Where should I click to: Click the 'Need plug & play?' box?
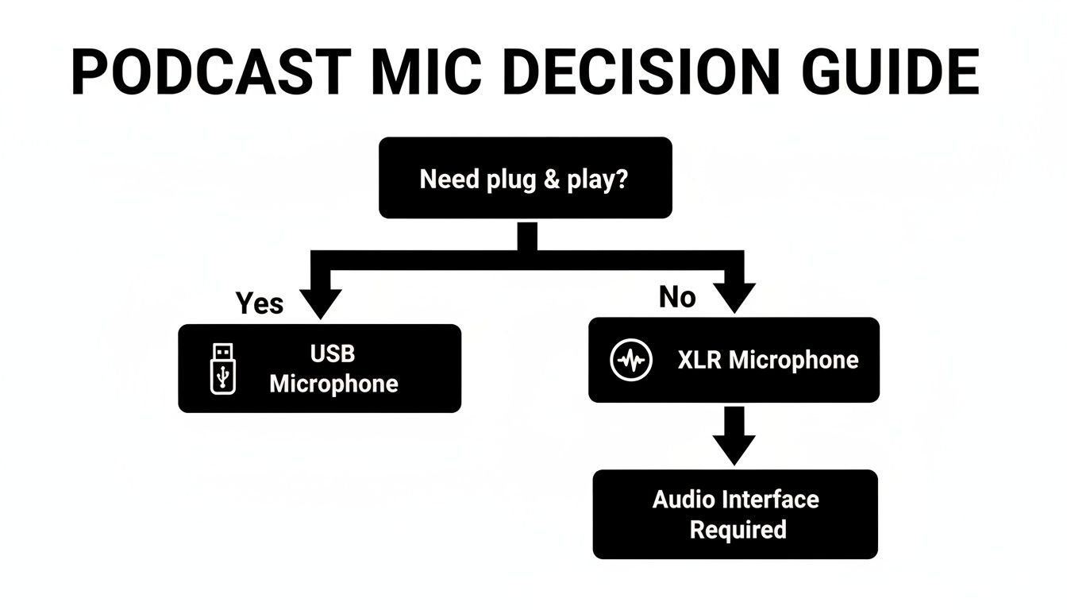(525, 178)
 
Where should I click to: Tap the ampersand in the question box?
(549, 179)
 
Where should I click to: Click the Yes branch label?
(259, 303)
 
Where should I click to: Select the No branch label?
(677, 297)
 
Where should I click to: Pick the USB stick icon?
(223, 368)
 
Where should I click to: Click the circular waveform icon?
(631, 361)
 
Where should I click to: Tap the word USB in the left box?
(333, 353)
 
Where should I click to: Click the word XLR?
(699, 360)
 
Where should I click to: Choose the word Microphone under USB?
(333, 384)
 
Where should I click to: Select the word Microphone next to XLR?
(793, 360)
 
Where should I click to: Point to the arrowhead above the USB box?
(321, 303)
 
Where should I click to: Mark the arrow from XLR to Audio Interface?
(734, 437)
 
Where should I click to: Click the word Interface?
(769, 500)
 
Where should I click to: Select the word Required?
(738, 529)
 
